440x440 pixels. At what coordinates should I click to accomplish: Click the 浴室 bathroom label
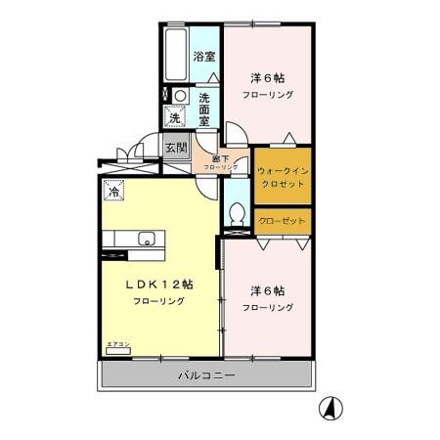203,57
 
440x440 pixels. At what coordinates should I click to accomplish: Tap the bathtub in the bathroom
179,51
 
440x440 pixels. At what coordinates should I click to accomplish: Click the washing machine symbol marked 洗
175,117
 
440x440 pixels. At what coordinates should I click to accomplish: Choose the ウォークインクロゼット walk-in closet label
284,175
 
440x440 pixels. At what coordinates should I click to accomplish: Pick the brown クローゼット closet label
283,221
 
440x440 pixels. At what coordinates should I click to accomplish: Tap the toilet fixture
236,212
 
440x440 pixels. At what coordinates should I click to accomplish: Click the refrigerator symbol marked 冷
113,193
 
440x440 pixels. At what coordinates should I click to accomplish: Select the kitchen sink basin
148,240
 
